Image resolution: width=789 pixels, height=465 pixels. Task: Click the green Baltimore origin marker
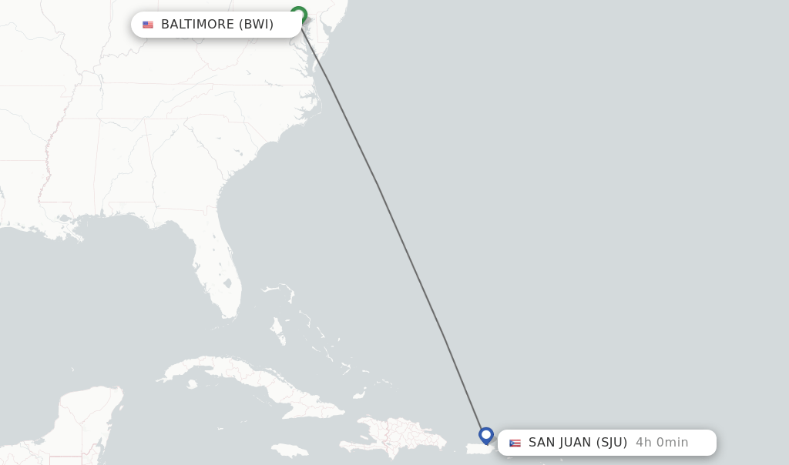coord(299,15)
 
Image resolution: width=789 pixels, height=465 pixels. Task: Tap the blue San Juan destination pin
coord(486,436)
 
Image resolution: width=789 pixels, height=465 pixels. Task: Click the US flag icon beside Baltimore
coord(148,25)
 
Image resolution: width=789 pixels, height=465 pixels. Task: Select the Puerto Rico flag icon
coord(515,443)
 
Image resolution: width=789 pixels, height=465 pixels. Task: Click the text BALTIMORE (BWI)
coord(217,25)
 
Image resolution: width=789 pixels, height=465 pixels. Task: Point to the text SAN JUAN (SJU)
coord(578,443)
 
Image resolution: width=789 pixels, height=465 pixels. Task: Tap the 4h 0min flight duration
coord(662,443)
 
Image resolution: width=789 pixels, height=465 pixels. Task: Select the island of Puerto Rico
coord(479,448)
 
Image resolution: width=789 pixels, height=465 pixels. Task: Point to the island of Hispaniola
coord(401,436)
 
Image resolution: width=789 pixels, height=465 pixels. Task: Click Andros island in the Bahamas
coord(277,330)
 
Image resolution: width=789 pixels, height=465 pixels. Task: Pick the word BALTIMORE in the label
coord(197,25)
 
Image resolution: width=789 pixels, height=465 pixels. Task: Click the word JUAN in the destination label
coord(574,443)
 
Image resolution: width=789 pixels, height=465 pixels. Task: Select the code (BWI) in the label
coord(256,25)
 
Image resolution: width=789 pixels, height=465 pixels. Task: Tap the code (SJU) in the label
coord(612,443)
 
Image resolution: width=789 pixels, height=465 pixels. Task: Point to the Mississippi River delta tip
coord(79,236)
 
